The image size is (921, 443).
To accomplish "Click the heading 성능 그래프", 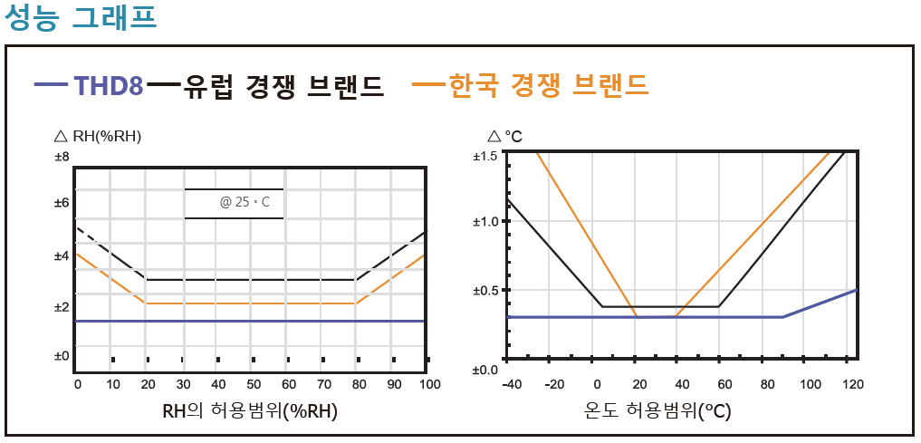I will point(81,19).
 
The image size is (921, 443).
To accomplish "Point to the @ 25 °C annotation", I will point(245,202).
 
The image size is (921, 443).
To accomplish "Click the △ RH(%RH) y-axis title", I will point(98,137).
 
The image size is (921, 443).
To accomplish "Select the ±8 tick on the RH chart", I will point(62,158).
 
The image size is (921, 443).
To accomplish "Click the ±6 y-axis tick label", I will point(62,202).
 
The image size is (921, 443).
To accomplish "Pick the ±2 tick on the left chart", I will point(62,308).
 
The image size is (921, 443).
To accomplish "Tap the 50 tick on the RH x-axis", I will point(254,385).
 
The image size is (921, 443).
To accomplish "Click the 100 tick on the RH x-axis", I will point(429,385).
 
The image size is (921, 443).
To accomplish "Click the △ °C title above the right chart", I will point(505,137).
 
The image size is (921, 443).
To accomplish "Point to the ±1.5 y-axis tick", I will point(485,156).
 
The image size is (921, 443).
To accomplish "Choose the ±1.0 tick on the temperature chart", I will point(485,222).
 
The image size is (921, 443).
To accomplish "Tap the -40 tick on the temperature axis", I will point(513,385).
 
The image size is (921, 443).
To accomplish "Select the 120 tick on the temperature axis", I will point(853,385).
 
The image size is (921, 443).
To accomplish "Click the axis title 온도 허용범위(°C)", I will point(658,411).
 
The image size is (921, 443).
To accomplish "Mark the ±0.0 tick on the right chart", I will point(485,369).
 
